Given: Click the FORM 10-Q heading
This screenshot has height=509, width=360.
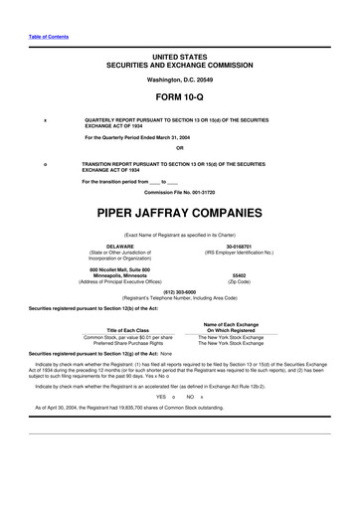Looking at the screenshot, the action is [x=179, y=96].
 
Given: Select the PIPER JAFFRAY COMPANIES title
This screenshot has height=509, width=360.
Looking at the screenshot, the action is [x=179, y=212].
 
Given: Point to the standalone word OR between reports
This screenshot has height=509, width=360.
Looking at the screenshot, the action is [x=179, y=149].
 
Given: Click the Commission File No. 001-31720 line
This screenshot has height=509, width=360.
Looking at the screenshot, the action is [x=179, y=191].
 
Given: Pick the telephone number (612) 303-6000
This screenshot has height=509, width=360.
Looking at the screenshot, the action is [x=179, y=291].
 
